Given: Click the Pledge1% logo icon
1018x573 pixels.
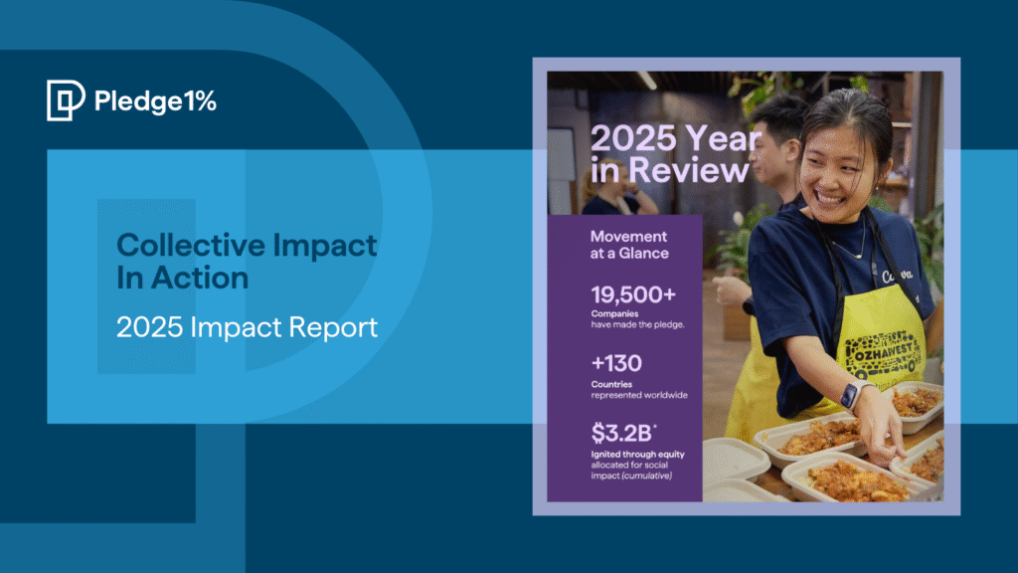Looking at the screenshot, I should point(65,100).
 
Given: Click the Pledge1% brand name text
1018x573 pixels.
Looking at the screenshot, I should point(154,100).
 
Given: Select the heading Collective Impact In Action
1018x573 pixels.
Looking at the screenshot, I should point(247,261).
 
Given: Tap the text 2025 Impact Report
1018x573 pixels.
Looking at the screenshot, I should point(247,327).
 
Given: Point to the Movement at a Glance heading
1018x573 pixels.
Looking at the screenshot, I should point(629,245).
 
